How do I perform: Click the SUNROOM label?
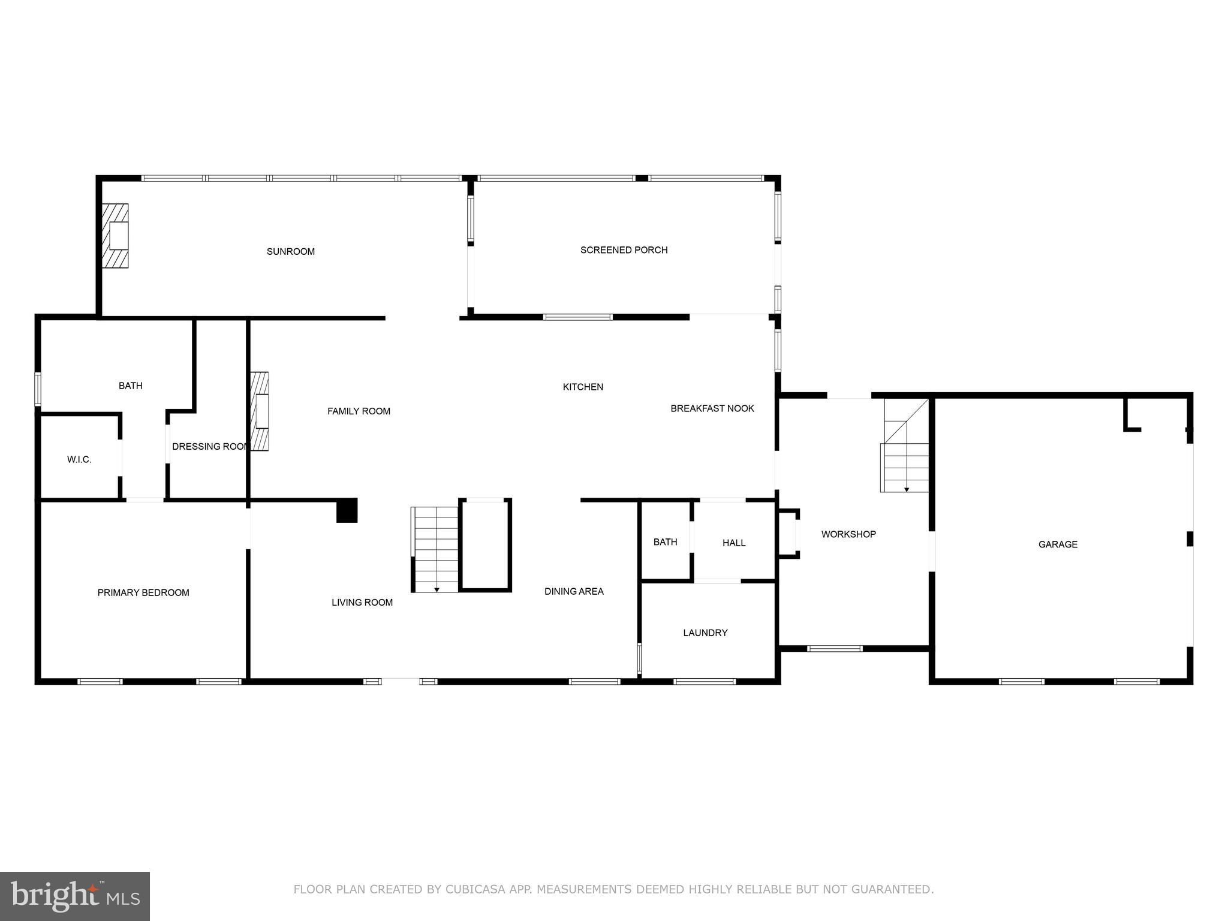tap(290, 251)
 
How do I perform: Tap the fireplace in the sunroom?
tap(115, 236)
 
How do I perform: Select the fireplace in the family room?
tap(260, 411)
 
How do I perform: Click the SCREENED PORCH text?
tap(624, 250)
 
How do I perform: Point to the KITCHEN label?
tap(583, 387)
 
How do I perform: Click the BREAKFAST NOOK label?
tap(712, 408)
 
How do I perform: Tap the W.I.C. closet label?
tap(79, 460)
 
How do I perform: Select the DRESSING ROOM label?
tap(209, 447)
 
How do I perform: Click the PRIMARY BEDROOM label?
tap(143, 592)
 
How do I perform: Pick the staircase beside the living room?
tap(436, 549)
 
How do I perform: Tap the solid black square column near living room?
tap(347, 510)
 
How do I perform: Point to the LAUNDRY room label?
tap(705, 633)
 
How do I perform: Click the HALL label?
tap(734, 543)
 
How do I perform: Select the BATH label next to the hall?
tap(665, 542)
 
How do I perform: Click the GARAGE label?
tap(1058, 544)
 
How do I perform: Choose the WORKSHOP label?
tap(848, 534)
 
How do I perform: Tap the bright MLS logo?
tap(75, 896)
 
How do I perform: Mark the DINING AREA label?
tap(574, 591)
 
